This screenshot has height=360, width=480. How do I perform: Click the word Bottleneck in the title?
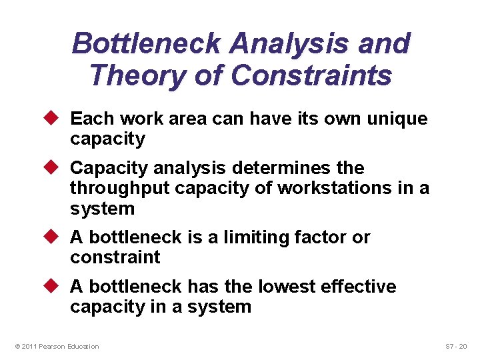pos(147,45)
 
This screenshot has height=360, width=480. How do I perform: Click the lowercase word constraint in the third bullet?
pos(115,258)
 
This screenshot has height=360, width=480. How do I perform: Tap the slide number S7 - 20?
pos(457,347)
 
